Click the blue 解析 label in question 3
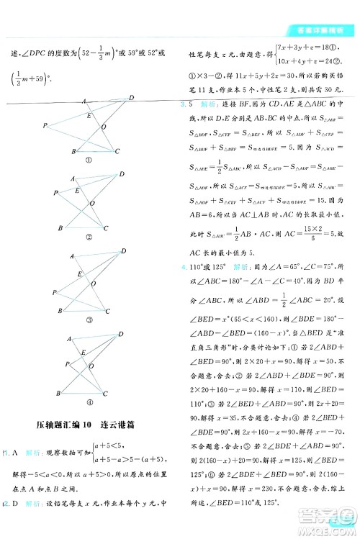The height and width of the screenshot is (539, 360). pos(209,104)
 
